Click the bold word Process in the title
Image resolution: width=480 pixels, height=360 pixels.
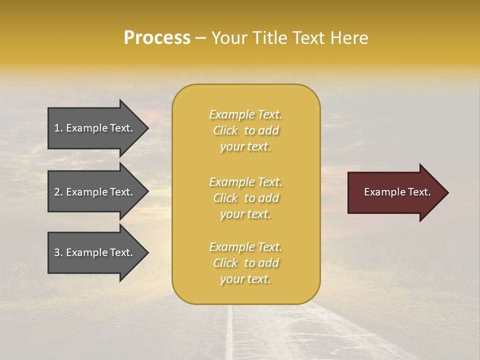click(x=157, y=38)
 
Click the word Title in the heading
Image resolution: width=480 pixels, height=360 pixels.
click(x=270, y=38)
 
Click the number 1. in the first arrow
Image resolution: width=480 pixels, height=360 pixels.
click(x=58, y=128)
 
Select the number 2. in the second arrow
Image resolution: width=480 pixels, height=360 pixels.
click(x=58, y=192)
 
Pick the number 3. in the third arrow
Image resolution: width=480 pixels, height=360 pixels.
click(x=58, y=252)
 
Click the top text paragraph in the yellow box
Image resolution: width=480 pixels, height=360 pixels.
click(x=245, y=130)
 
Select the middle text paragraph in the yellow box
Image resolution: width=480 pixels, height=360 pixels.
click(x=245, y=198)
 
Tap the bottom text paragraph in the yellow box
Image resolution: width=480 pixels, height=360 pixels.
click(x=245, y=263)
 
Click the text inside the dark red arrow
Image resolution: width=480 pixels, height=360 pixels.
click(x=397, y=192)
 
